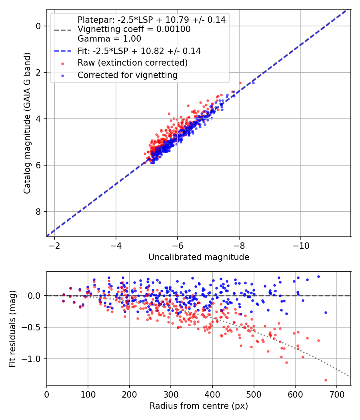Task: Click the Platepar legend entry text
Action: (151, 20)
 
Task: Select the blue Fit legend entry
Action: (139, 51)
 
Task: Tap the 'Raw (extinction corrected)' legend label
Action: (132, 63)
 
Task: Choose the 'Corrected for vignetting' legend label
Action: (128, 75)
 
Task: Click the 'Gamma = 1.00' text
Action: (109, 39)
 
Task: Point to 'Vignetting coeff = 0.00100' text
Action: (134, 29)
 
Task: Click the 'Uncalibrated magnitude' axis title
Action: (199, 257)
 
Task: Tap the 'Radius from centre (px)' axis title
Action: (199, 406)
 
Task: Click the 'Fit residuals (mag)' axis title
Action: (12, 328)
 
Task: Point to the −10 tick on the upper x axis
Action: (301, 245)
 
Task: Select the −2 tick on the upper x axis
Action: (54, 245)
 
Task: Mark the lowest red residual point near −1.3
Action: (326, 380)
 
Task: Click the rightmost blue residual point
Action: (326, 312)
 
